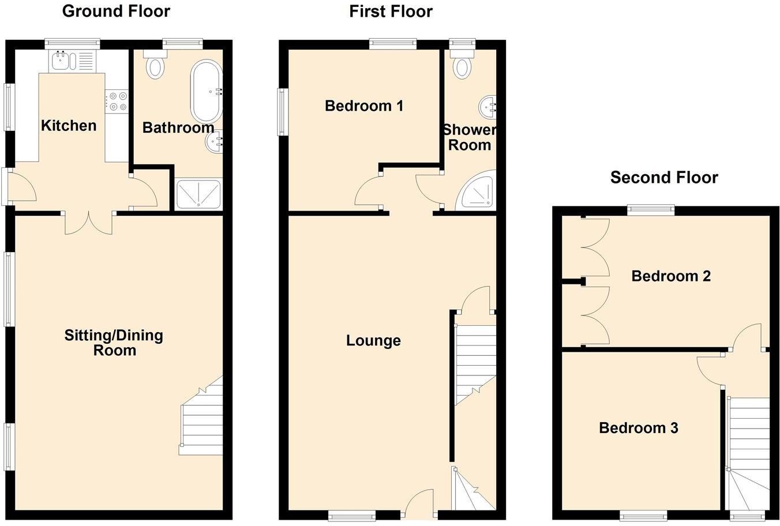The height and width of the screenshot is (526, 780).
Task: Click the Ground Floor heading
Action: [116, 11]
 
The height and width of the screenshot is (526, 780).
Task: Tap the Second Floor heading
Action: [663, 177]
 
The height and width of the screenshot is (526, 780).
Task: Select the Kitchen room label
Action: [69, 125]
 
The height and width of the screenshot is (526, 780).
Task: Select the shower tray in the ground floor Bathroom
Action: [198, 193]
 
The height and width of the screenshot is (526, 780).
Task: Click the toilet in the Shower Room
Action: [462, 66]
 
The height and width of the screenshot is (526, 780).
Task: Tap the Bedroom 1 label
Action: [364, 106]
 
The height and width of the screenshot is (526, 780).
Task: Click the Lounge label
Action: [373, 340]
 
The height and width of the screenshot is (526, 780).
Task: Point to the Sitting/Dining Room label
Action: [114, 343]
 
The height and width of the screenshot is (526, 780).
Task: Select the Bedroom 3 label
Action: [638, 428]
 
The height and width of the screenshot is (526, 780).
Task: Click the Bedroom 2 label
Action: [670, 276]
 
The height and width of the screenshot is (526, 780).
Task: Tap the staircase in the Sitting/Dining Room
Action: [202, 418]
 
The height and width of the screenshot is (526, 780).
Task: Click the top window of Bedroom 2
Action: [651, 211]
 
